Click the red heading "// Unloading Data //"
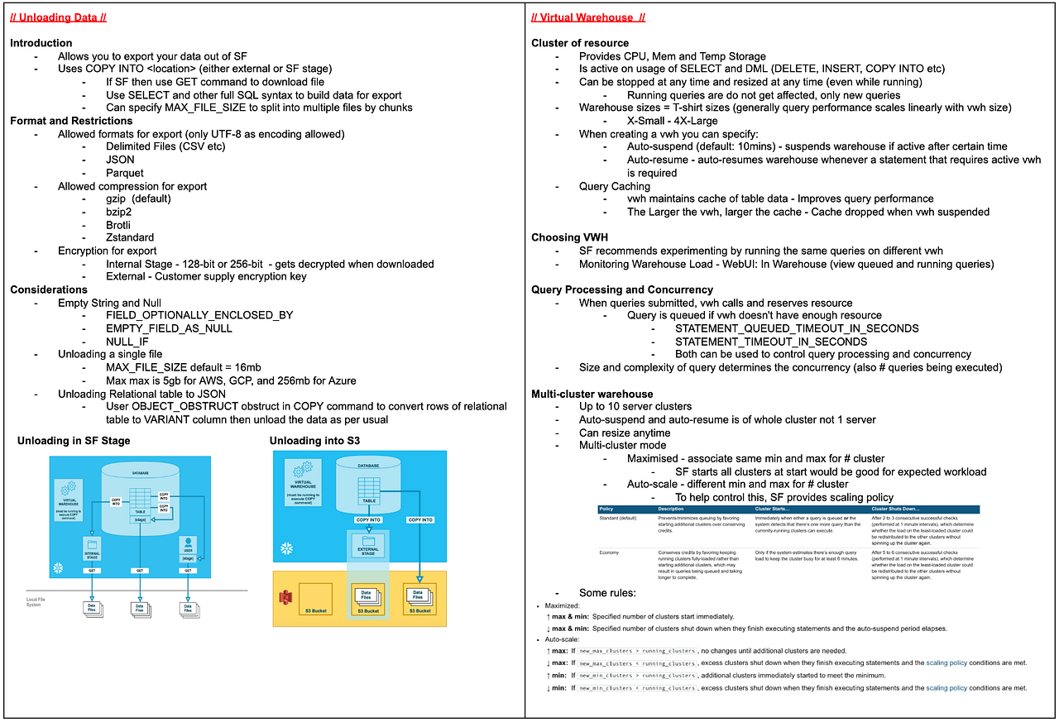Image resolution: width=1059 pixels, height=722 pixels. click(x=58, y=17)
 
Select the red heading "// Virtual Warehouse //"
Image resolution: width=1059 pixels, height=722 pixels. click(x=587, y=17)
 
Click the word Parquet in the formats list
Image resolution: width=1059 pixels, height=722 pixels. click(x=125, y=173)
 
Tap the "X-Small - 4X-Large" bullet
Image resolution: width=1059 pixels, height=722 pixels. click(x=672, y=121)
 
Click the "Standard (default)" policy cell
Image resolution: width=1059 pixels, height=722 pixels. click(x=617, y=518)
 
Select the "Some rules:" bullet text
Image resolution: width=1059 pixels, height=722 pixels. click(x=606, y=593)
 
